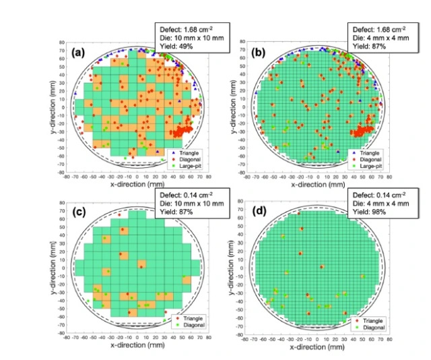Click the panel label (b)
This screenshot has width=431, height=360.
[259, 51]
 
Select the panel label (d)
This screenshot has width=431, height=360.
[259, 214]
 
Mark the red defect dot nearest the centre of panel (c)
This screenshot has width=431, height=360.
[141, 267]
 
